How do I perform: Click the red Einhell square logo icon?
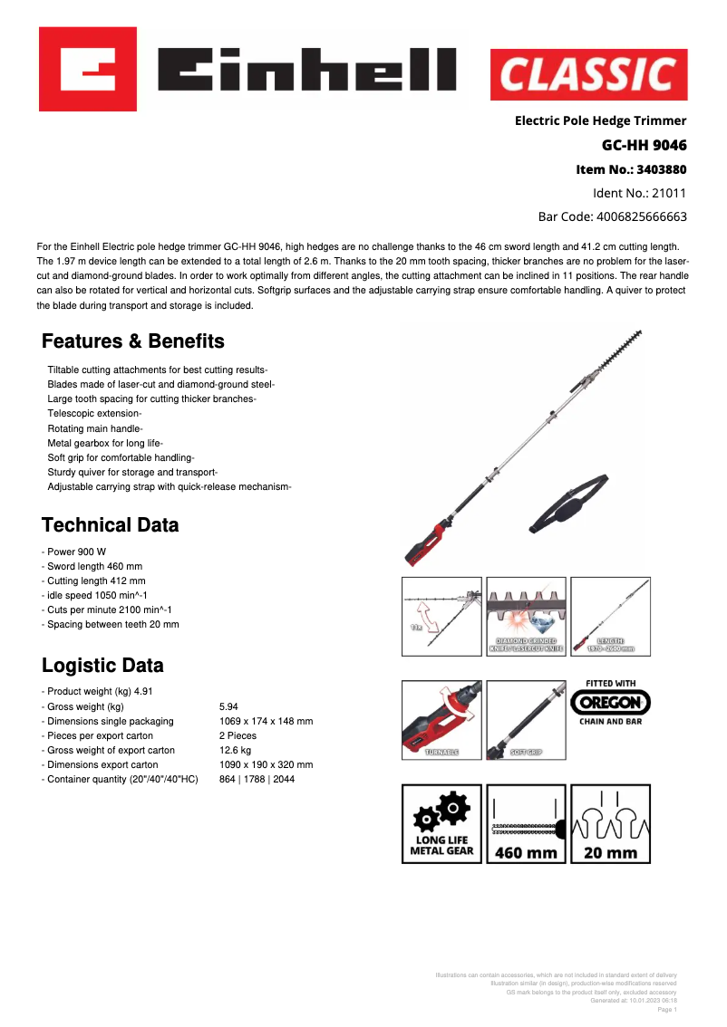coord(87,69)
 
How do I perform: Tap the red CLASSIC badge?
coord(588,74)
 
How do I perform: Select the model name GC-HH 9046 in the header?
coord(644,145)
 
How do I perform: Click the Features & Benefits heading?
coord(133,341)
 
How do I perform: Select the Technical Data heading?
coord(111,525)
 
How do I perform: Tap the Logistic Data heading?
coord(102,666)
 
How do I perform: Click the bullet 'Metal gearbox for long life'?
coord(105,443)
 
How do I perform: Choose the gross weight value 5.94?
coord(228,706)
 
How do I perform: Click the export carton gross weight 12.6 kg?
coord(236,750)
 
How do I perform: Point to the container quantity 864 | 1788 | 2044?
coord(257,779)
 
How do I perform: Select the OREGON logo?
coord(610,702)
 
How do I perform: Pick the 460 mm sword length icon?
coord(526,823)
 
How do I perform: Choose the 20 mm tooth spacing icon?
coord(610,823)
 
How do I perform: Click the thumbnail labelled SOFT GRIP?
coord(526,720)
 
